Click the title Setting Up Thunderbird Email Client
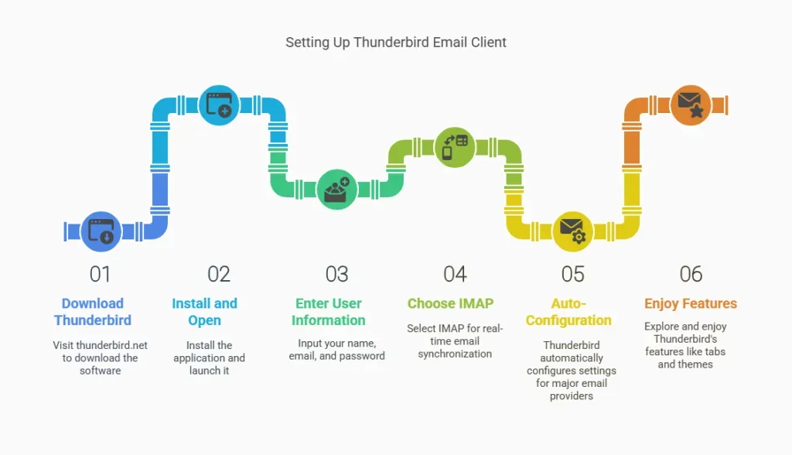pyautogui.click(x=395, y=43)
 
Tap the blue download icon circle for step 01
pyautogui.click(x=101, y=231)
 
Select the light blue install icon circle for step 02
pyautogui.click(x=219, y=105)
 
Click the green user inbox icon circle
pyautogui.click(x=337, y=189)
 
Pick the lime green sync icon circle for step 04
pyautogui.click(x=455, y=147)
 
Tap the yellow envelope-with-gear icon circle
pyautogui.click(x=573, y=231)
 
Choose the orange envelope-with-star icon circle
pyautogui.click(x=691, y=105)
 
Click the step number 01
pyautogui.click(x=100, y=274)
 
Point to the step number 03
pyautogui.click(x=337, y=274)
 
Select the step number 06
pyautogui.click(x=691, y=274)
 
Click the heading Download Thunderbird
pyautogui.click(x=93, y=311)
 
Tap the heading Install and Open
pyautogui.click(x=204, y=311)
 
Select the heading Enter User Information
pyautogui.click(x=328, y=311)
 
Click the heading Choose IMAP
pyautogui.click(x=451, y=303)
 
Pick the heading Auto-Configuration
pyautogui.click(x=568, y=311)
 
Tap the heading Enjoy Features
pyautogui.click(x=691, y=303)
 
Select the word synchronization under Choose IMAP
pyautogui.click(x=455, y=354)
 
